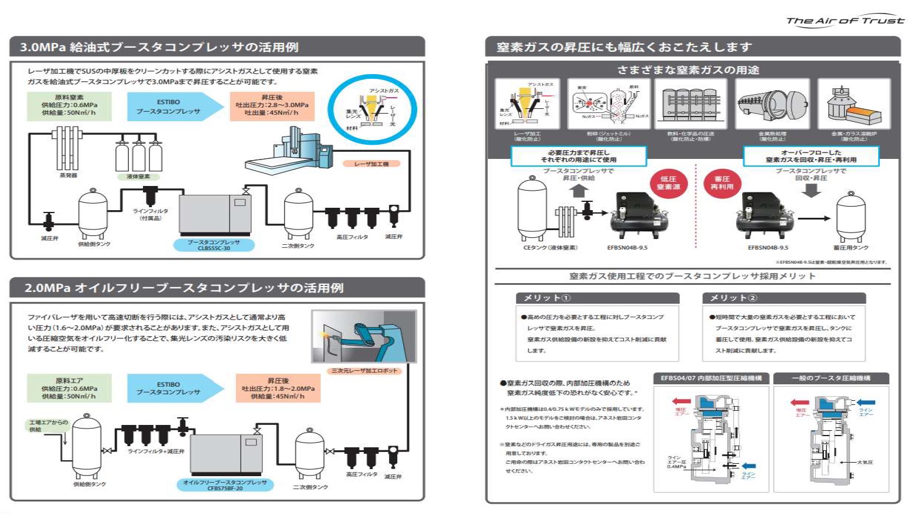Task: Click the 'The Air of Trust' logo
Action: coord(845,21)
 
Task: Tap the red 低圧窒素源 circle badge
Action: coord(668,182)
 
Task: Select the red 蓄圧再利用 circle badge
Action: coord(722,182)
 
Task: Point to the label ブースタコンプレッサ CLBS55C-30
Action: coord(214,245)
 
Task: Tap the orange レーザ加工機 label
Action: coord(371,164)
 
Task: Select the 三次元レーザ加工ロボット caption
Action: coord(364,371)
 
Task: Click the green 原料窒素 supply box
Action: coord(69,105)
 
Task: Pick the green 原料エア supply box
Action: coord(69,388)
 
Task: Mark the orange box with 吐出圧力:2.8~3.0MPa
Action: coord(272,105)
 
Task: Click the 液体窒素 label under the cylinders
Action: coord(138,177)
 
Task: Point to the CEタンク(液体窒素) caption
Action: coord(550,248)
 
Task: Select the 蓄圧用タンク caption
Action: coord(850,248)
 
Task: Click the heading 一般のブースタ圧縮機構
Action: coord(831,378)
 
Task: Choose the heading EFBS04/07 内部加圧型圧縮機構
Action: coord(711,378)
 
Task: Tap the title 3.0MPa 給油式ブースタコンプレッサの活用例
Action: coord(159,47)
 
